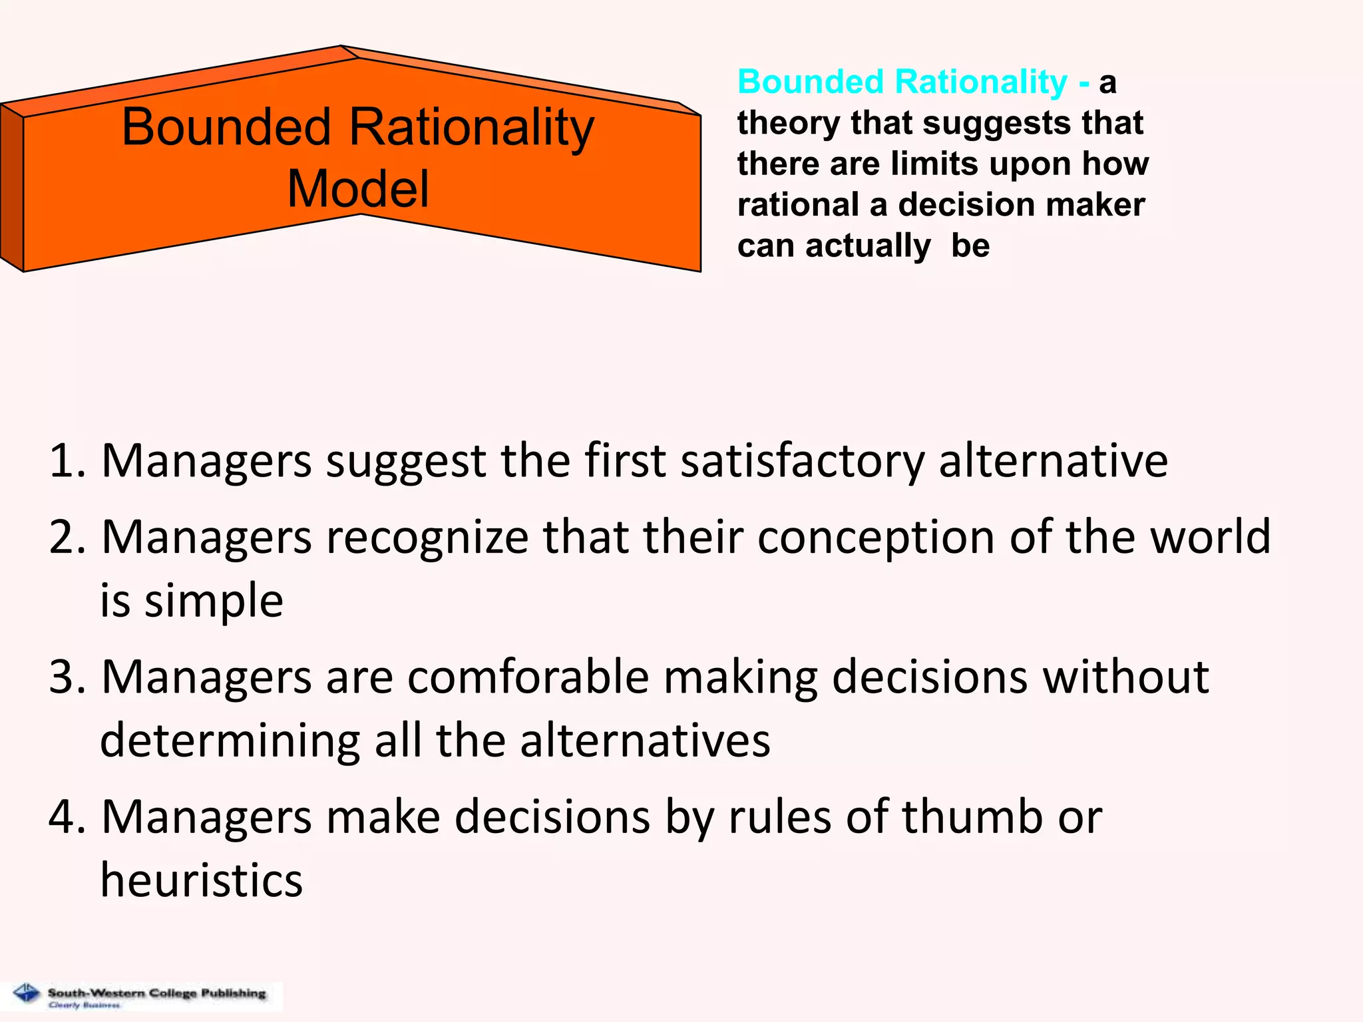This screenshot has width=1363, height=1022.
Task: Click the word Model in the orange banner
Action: coord(358,189)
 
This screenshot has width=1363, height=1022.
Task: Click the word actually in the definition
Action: coord(868,246)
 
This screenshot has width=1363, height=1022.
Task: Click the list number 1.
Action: coord(67,460)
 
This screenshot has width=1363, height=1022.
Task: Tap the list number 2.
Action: coord(67,537)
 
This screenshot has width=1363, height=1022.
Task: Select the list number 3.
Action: coord(67,677)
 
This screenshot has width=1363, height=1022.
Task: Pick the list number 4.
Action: coord(67,817)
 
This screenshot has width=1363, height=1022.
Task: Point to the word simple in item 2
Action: coord(214,601)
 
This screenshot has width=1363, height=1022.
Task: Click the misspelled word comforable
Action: coord(528,677)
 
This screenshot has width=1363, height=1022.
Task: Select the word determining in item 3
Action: coord(230,741)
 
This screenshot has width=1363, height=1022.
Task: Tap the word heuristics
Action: coord(202,881)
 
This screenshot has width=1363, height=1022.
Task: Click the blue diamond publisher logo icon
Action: coord(27,993)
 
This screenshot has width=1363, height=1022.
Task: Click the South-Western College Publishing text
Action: coord(156,993)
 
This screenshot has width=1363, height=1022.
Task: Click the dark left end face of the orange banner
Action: coord(11,188)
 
